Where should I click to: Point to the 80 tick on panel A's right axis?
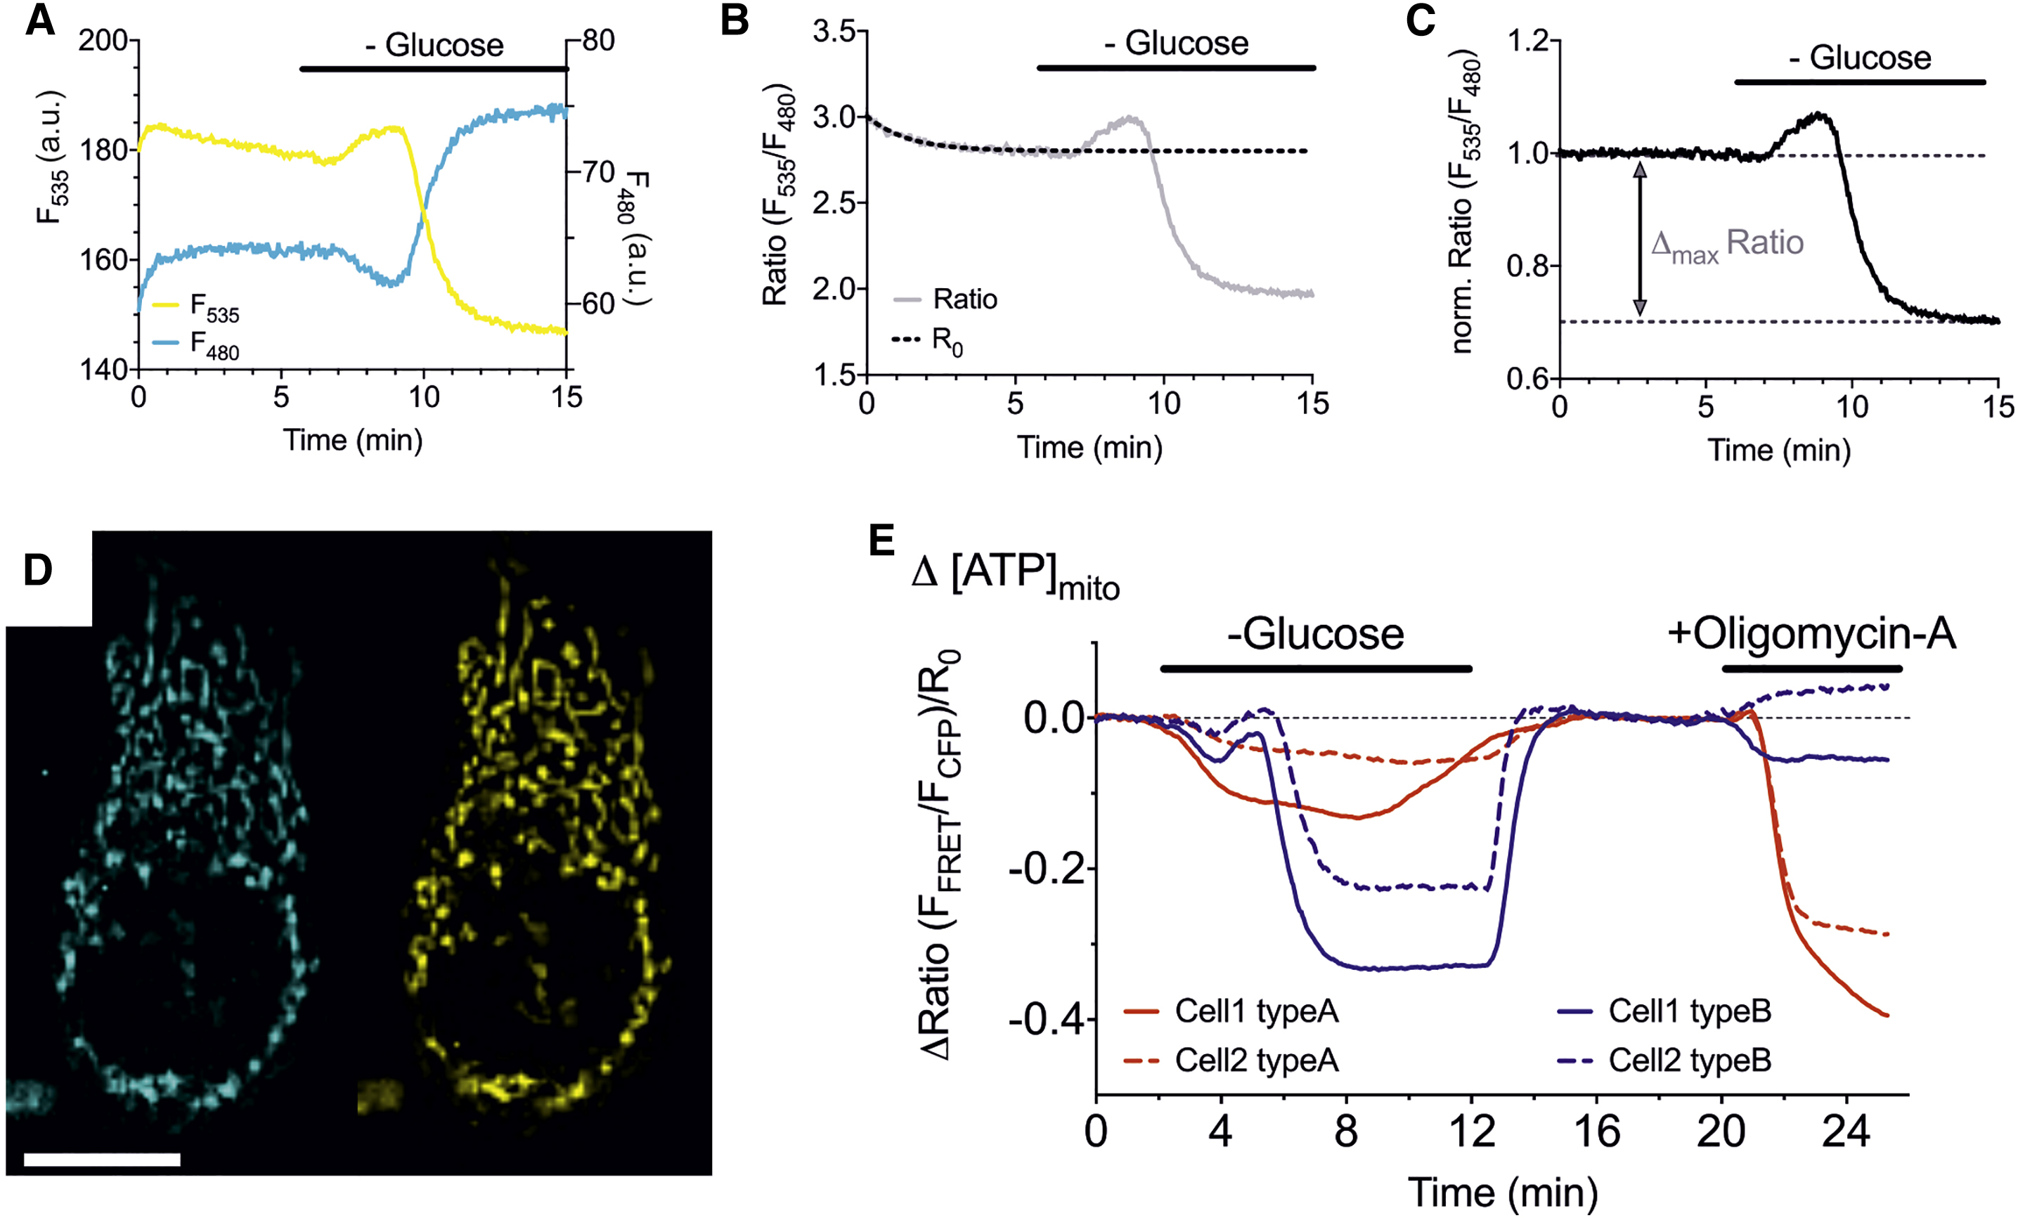tap(598, 40)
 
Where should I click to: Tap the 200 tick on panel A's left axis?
tap(103, 40)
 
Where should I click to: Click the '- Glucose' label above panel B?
tap(1176, 43)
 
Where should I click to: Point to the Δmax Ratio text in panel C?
tap(1726, 244)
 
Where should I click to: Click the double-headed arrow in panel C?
tap(1640, 238)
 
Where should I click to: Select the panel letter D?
tap(38, 570)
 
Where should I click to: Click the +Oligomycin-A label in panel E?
tap(1811, 634)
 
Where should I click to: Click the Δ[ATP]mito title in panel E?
tap(1015, 574)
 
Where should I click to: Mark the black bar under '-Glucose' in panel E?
tap(1316, 669)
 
